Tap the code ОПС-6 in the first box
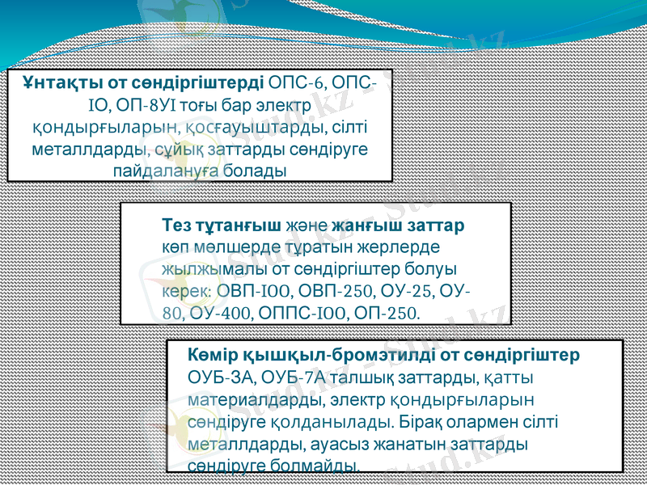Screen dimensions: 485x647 coord(296,83)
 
